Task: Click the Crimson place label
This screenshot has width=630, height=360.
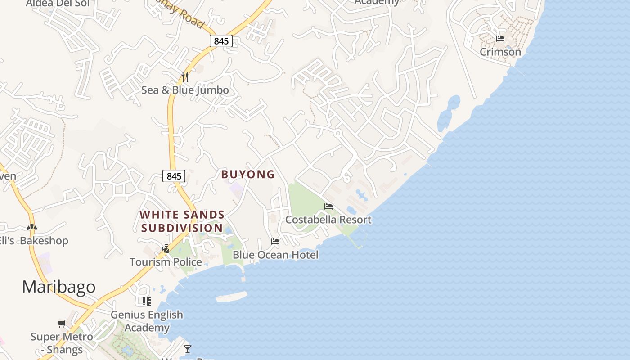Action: pyautogui.click(x=500, y=52)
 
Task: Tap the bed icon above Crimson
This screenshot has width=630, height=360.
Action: pyautogui.click(x=500, y=38)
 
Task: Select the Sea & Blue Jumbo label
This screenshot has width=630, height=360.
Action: pyautogui.click(x=185, y=90)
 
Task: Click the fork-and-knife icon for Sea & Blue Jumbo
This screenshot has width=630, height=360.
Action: pyautogui.click(x=185, y=77)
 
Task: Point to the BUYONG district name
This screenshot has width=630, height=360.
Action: pyautogui.click(x=248, y=175)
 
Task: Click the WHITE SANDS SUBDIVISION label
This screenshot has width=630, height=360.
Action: pyautogui.click(x=182, y=221)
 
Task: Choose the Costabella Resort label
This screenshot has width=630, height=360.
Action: pyautogui.click(x=328, y=220)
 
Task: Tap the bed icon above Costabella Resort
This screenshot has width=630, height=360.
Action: pyautogui.click(x=328, y=207)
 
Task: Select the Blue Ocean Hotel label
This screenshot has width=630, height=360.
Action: pyautogui.click(x=275, y=255)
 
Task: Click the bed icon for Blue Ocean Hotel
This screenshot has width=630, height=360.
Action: pyautogui.click(x=275, y=242)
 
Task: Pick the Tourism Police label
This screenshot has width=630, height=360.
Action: pyautogui.click(x=166, y=262)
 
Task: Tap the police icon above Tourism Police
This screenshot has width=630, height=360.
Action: pyautogui.click(x=166, y=248)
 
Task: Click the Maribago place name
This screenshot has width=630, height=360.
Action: pyautogui.click(x=59, y=287)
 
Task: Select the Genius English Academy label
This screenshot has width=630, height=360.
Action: pyautogui.click(x=147, y=321)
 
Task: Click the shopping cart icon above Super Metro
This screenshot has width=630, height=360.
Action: pyautogui.click(x=62, y=324)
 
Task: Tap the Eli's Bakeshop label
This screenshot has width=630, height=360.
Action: pyautogui.click(x=34, y=241)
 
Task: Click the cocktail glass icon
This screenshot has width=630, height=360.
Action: pyautogui.click(x=188, y=349)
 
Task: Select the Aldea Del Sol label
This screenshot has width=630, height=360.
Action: pyautogui.click(x=58, y=4)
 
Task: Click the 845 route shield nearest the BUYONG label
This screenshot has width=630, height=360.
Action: pyautogui.click(x=174, y=176)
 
